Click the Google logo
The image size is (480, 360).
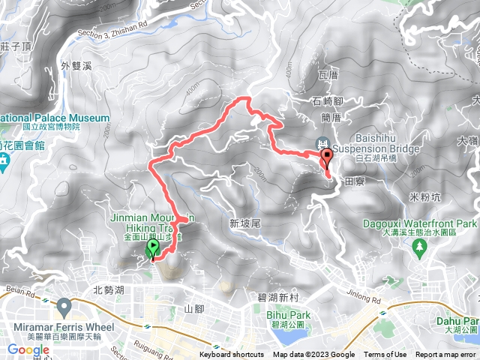[x=28, y=349]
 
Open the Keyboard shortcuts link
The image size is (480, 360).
[x=231, y=355]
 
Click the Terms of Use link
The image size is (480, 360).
[x=385, y=355]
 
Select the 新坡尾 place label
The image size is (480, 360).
[x=244, y=223]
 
